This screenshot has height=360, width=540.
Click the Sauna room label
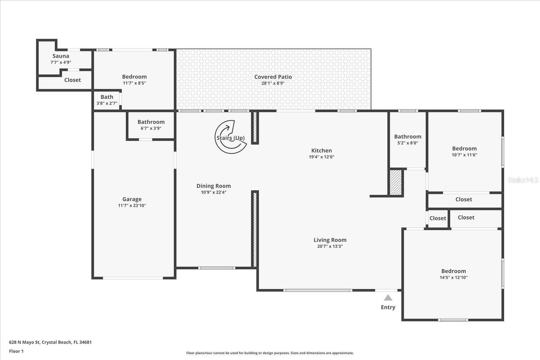tap(61, 56)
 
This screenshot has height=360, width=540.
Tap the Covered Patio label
tap(273, 77)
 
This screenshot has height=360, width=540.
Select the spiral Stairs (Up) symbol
tap(230, 137)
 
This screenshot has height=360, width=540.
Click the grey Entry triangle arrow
tap(388, 298)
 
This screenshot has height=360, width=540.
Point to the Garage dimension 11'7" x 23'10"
tap(132, 206)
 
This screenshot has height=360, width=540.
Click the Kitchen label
tap(321, 150)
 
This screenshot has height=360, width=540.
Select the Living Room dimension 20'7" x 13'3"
tap(330, 247)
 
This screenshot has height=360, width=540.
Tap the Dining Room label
tap(213, 186)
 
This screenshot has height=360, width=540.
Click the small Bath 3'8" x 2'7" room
tap(107, 100)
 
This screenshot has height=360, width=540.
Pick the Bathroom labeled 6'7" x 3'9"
tap(151, 125)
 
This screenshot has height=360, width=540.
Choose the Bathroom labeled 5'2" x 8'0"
tap(408, 140)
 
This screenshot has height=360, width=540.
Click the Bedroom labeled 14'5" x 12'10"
tap(454, 274)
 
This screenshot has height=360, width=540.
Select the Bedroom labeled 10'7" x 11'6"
tap(464, 151)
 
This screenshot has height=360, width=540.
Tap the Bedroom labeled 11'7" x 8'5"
tap(134, 80)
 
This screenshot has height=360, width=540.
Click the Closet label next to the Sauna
tap(72, 80)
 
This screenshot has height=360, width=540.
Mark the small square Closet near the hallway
tap(437, 218)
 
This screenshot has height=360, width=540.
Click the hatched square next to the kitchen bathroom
tap(396, 183)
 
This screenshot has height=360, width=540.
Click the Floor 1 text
tap(16, 351)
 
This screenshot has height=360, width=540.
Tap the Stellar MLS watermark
tap(523, 180)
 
